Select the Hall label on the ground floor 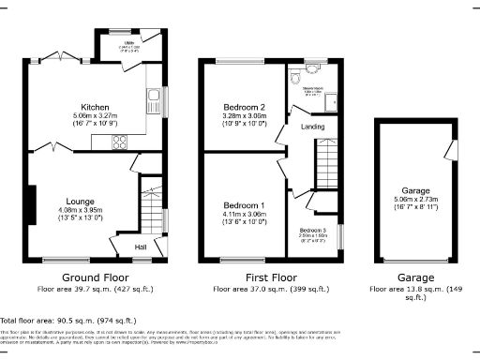click(x=141, y=247)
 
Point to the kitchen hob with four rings click(x=120, y=142)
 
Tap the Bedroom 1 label click(x=243, y=205)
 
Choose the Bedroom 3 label click(x=313, y=231)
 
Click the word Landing click(x=299, y=127)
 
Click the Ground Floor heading click(x=95, y=278)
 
